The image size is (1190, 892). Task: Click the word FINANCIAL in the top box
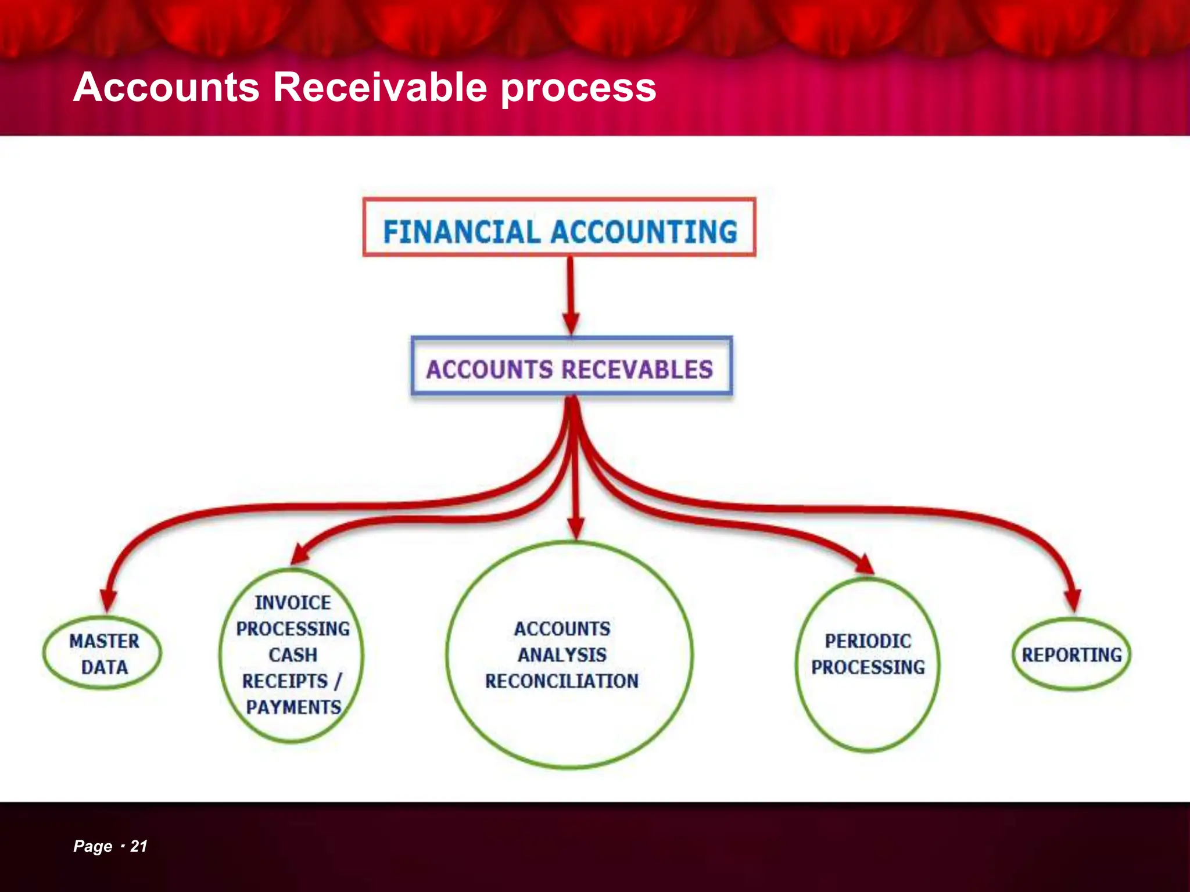(462, 231)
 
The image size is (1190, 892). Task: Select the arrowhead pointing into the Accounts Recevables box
(571, 323)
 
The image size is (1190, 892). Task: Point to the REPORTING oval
(1071, 655)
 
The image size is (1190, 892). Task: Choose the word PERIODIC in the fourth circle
(868, 641)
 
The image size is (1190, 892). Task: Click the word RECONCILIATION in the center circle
(562, 681)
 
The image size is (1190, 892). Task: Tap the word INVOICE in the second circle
(293, 603)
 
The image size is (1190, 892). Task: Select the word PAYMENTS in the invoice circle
(293, 707)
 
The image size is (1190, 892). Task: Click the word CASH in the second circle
(293, 655)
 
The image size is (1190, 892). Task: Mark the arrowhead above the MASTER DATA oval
(108, 600)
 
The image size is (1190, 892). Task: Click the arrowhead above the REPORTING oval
(1073, 599)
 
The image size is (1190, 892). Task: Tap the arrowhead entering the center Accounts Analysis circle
(575, 528)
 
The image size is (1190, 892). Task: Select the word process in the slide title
(578, 88)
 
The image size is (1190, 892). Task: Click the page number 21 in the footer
(139, 846)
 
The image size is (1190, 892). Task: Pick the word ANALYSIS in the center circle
(562, 655)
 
